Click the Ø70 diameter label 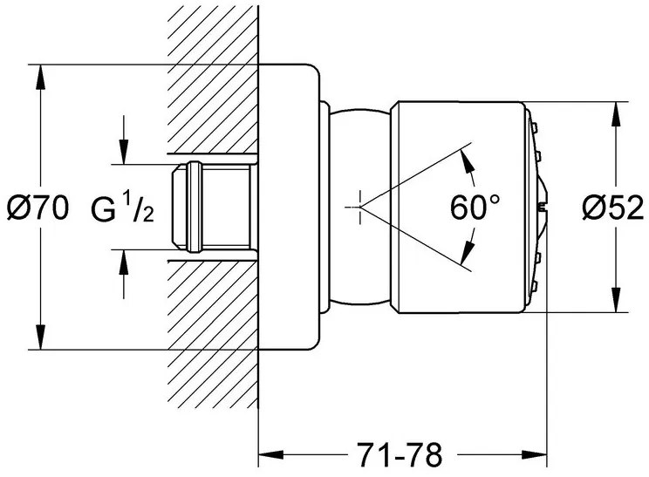[x=36, y=208]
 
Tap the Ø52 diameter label [x=612, y=208]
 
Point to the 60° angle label [x=476, y=208]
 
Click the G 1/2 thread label [x=123, y=208]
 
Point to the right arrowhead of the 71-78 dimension [x=538, y=453]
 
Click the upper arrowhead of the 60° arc [x=464, y=157]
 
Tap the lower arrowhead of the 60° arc [x=464, y=259]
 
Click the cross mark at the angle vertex [x=358, y=207]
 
